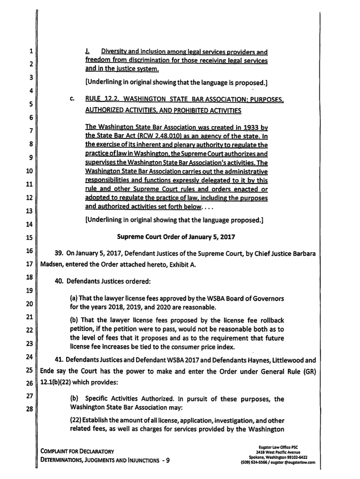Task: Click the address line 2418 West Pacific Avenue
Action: (x=278, y=452)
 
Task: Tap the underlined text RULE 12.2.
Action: (x=101, y=100)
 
